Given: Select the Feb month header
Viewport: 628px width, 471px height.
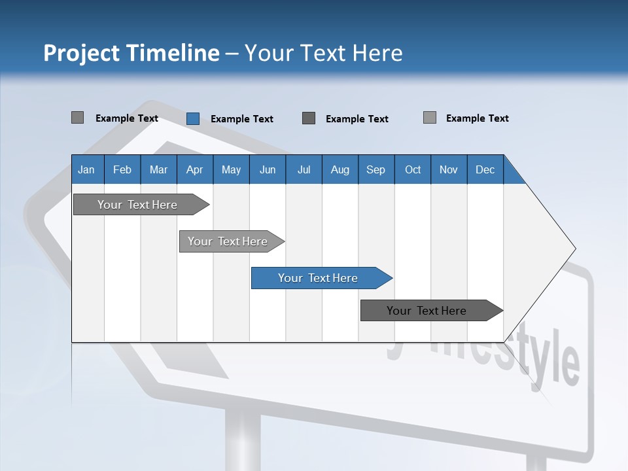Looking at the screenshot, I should point(122,169).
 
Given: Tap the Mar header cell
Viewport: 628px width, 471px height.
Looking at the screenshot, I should point(158,169).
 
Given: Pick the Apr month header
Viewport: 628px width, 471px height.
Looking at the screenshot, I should point(195,169).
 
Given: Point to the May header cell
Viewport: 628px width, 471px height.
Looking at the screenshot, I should point(231,169).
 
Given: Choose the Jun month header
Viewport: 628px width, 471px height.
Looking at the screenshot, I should point(268,169).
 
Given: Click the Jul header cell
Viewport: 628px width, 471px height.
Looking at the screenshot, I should point(304,169).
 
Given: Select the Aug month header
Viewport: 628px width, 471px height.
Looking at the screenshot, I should point(340,169).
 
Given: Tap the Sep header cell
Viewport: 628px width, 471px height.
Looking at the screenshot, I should point(376,169).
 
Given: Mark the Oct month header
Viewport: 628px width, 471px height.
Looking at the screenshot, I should point(413,169).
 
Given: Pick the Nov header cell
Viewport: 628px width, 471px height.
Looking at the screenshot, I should point(449,169).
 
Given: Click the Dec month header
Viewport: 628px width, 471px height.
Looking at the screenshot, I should point(485,169).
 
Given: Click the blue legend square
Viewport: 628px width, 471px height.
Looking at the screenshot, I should point(193,118).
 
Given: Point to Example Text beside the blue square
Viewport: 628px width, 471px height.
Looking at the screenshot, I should point(241,119).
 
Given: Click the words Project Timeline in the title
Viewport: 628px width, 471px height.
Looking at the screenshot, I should point(131,53).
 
